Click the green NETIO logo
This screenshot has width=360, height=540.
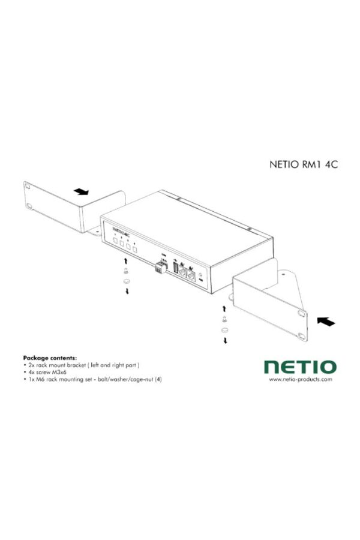[x=301, y=366]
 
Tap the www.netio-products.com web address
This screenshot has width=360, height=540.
[x=301, y=379]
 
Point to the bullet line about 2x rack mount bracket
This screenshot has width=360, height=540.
[x=83, y=364]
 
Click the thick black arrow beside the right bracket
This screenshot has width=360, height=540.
[x=325, y=322]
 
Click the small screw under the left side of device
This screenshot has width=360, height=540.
[x=125, y=271]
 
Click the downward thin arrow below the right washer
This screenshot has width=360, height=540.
[x=226, y=340]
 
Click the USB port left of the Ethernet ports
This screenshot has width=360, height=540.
[x=176, y=269]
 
